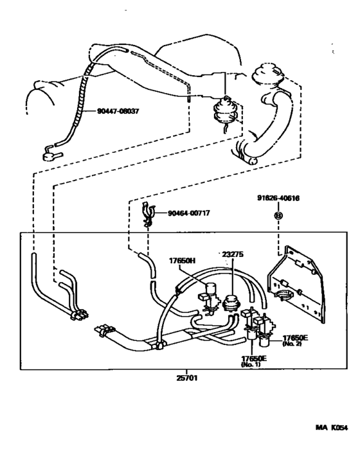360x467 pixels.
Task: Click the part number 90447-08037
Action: [118, 111]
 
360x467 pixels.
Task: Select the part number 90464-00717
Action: [189, 213]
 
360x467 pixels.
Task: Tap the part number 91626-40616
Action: [278, 198]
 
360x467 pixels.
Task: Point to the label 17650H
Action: [183, 261]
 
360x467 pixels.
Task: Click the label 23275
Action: [233, 254]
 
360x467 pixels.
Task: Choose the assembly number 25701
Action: [187, 378]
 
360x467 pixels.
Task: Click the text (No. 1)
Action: [250, 364]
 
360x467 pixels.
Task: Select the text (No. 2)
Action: [292, 344]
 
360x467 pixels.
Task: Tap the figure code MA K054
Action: [332, 428]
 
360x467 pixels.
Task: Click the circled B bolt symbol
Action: [278, 215]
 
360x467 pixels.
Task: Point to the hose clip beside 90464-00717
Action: [147, 213]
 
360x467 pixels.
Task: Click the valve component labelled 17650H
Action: [211, 295]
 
